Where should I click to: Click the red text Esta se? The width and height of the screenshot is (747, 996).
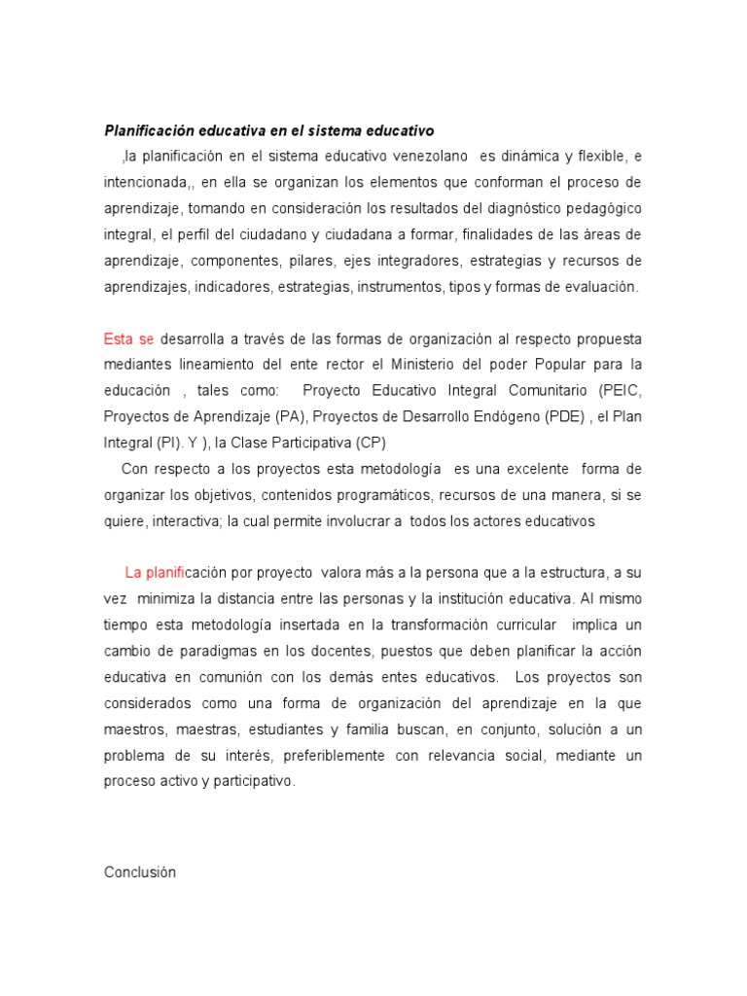tap(129, 338)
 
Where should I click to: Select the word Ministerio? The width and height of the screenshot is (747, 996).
tap(428, 365)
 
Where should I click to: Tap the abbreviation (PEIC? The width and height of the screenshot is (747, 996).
tap(622, 391)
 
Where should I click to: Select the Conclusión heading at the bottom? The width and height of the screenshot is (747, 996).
tap(140, 845)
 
